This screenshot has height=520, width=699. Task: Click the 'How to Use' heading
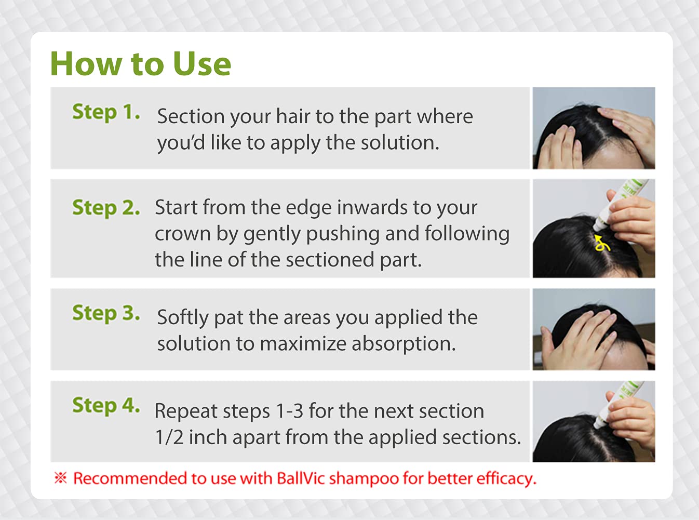pos(140,64)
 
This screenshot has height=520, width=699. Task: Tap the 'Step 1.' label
pos(106,112)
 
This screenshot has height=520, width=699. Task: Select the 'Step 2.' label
pos(106,208)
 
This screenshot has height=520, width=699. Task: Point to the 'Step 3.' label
pos(106,313)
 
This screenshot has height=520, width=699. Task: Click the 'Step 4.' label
pos(106,405)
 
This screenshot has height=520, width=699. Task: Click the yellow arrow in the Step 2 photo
pos(602,243)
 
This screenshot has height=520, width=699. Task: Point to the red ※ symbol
pos(61,477)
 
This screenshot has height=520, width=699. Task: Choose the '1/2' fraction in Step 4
pos(169,437)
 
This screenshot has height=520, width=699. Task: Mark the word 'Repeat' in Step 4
pos(185,411)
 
